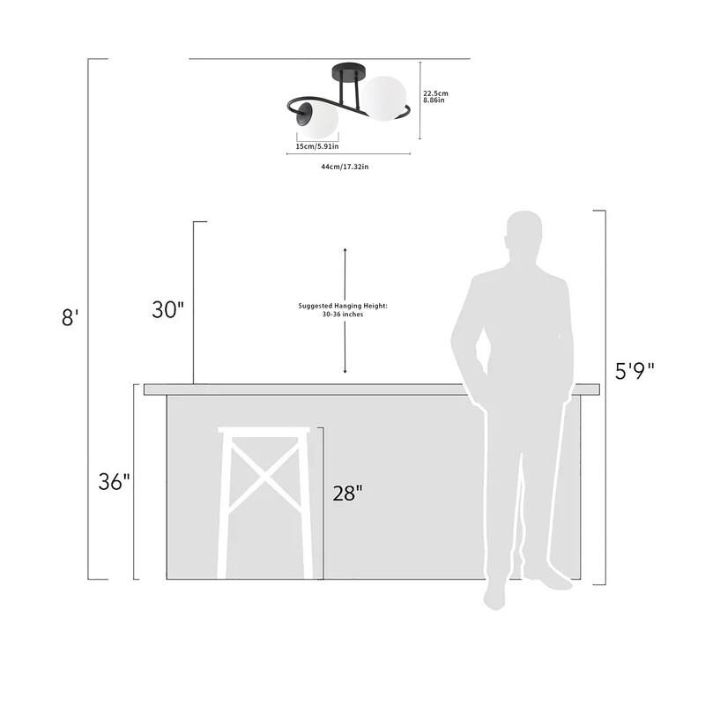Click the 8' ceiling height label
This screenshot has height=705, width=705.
pos(70,317)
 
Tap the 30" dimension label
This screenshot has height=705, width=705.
pos(167,310)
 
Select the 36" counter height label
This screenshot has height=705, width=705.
pos(115,481)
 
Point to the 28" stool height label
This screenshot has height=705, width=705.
pos(347,493)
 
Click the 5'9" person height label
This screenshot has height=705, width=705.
pos(634,371)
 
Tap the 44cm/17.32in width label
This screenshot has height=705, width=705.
pos(345,167)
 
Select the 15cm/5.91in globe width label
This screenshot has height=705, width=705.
pos(317,146)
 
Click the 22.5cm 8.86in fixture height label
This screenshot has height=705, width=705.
pos(435,97)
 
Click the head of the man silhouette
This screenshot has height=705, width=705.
pos(524,233)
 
